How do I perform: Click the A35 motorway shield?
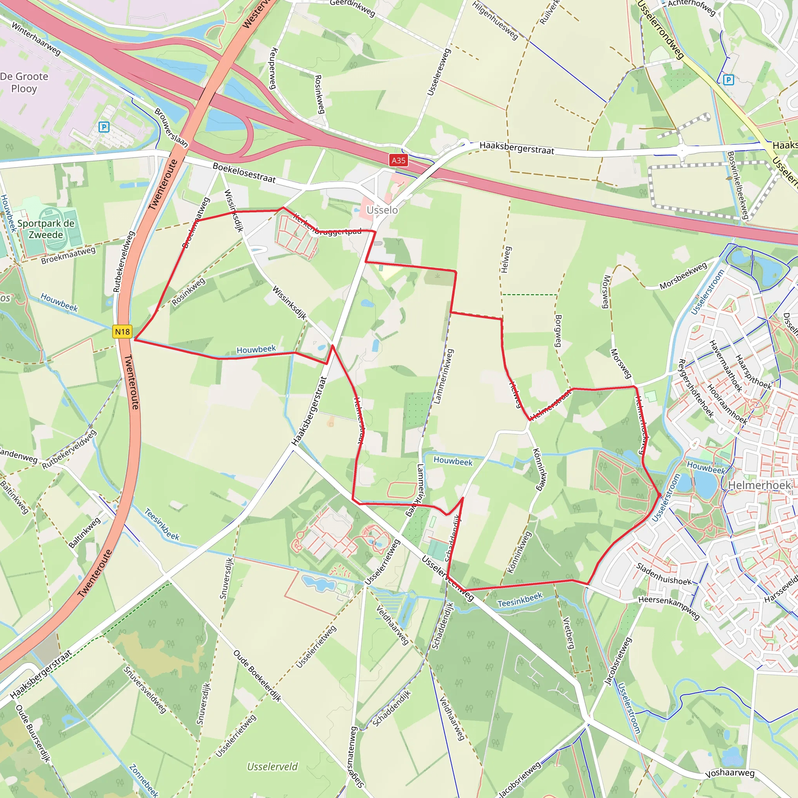point(398,160)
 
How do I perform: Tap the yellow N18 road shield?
point(122,332)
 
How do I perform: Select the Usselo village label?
point(382,210)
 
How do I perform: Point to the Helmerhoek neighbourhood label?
point(759,486)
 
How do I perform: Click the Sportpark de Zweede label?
point(46,229)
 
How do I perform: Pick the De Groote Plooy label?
point(24,83)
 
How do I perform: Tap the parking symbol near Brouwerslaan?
point(104,127)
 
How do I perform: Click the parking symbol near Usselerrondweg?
point(729,80)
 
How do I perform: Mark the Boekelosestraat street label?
point(244,172)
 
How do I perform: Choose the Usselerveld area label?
point(272,767)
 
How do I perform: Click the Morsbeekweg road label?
point(683,276)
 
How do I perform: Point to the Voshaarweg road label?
point(730,773)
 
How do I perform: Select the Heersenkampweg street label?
point(669,607)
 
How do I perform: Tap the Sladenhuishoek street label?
point(663,574)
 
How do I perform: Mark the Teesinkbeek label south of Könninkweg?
point(520,600)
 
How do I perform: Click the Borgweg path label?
point(558,330)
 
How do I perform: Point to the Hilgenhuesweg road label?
point(495,20)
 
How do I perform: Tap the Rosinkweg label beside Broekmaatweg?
point(188,291)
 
